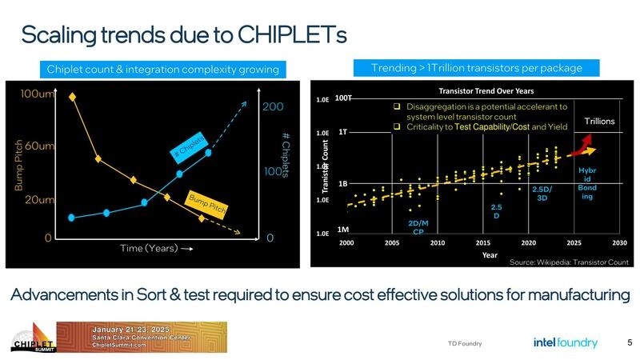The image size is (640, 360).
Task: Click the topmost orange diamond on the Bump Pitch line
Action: (x=73, y=97)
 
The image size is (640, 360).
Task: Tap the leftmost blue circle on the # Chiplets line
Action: (x=72, y=217)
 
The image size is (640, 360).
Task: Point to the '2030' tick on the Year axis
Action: (x=619, y=242)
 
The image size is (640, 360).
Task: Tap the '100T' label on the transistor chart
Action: (x=344, y=98)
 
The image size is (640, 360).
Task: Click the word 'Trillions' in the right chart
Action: (x=598, y=121)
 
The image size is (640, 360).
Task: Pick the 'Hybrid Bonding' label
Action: (x=587, y=183)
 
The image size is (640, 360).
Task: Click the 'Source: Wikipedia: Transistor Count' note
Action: (x=569, y=262)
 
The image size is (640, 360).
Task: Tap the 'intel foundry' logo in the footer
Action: (x=565, y=342)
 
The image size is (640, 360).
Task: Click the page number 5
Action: (x=630, y=342)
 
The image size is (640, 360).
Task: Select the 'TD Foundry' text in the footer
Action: (x=465, y=344)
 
